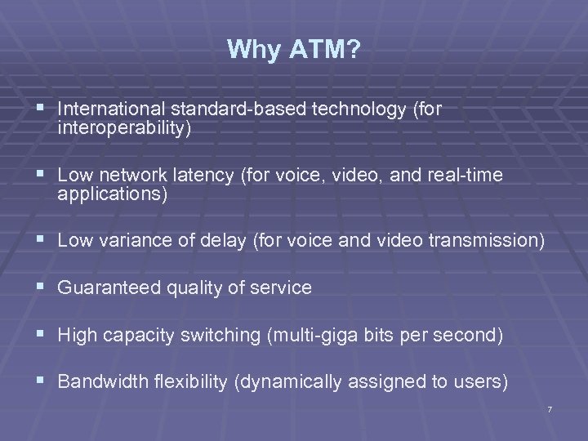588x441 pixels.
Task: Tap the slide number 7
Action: pos(550,408)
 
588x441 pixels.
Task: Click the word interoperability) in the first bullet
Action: pos(125,127)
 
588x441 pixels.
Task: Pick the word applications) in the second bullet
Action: pos(113,195)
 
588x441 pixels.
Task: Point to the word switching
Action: pos(223,336)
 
